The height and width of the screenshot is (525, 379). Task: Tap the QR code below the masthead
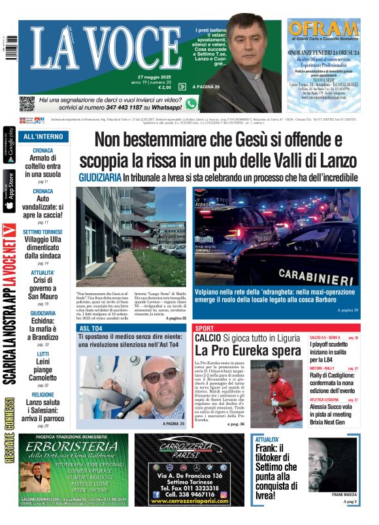tap(26, 103)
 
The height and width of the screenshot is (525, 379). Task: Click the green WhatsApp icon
tap(191, 104)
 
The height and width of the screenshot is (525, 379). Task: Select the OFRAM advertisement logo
tap(324, 30)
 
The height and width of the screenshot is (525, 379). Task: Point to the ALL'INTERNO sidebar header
tap(43, 137)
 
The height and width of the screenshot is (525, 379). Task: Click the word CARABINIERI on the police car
tap(316, 275)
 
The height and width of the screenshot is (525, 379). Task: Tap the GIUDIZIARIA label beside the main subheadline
tap(100, 178)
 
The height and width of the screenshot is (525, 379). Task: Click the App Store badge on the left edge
tap(9, 191)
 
